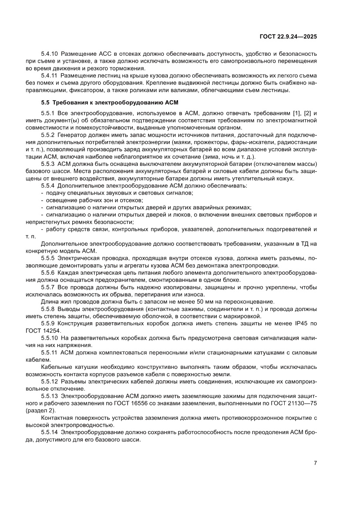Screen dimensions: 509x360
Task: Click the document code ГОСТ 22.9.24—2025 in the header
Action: tap(288, 37)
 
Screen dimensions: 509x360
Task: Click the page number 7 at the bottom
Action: tap(315, 462)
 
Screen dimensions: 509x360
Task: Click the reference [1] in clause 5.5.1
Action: tap(297, 113)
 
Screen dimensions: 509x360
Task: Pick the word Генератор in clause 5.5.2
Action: tap(71, 135)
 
